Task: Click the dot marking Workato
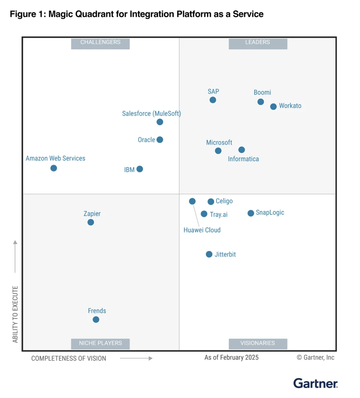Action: (273, 106)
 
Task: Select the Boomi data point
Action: (260, 102)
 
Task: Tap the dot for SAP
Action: (213, 100)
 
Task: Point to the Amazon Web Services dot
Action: (54, 168)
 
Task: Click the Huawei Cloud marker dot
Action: (192, 201)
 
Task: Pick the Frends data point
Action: (96, 319)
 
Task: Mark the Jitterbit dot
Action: (209, 254)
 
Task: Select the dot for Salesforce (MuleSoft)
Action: (160, 122)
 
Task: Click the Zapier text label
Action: (92, 214)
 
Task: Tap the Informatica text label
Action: (243, 159)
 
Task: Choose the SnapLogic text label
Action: (270, 213)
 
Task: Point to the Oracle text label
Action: (147, 140)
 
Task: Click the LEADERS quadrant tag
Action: (258, 42)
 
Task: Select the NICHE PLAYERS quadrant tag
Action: (100, 343)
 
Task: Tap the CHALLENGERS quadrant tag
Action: (100, 42)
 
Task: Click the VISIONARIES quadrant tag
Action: (258, 343)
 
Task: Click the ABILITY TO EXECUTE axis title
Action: (16, 314)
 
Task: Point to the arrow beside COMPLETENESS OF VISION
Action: (136, 358)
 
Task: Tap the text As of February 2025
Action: (231, 358)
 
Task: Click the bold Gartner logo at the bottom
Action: (315, 383)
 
